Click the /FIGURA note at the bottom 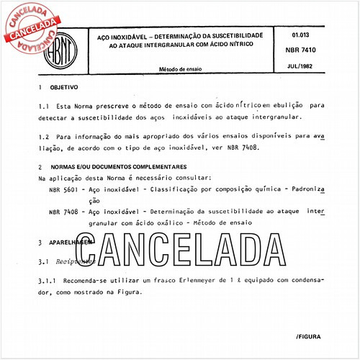tap(310, 317)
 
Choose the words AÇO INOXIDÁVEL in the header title tap(119, 35)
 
